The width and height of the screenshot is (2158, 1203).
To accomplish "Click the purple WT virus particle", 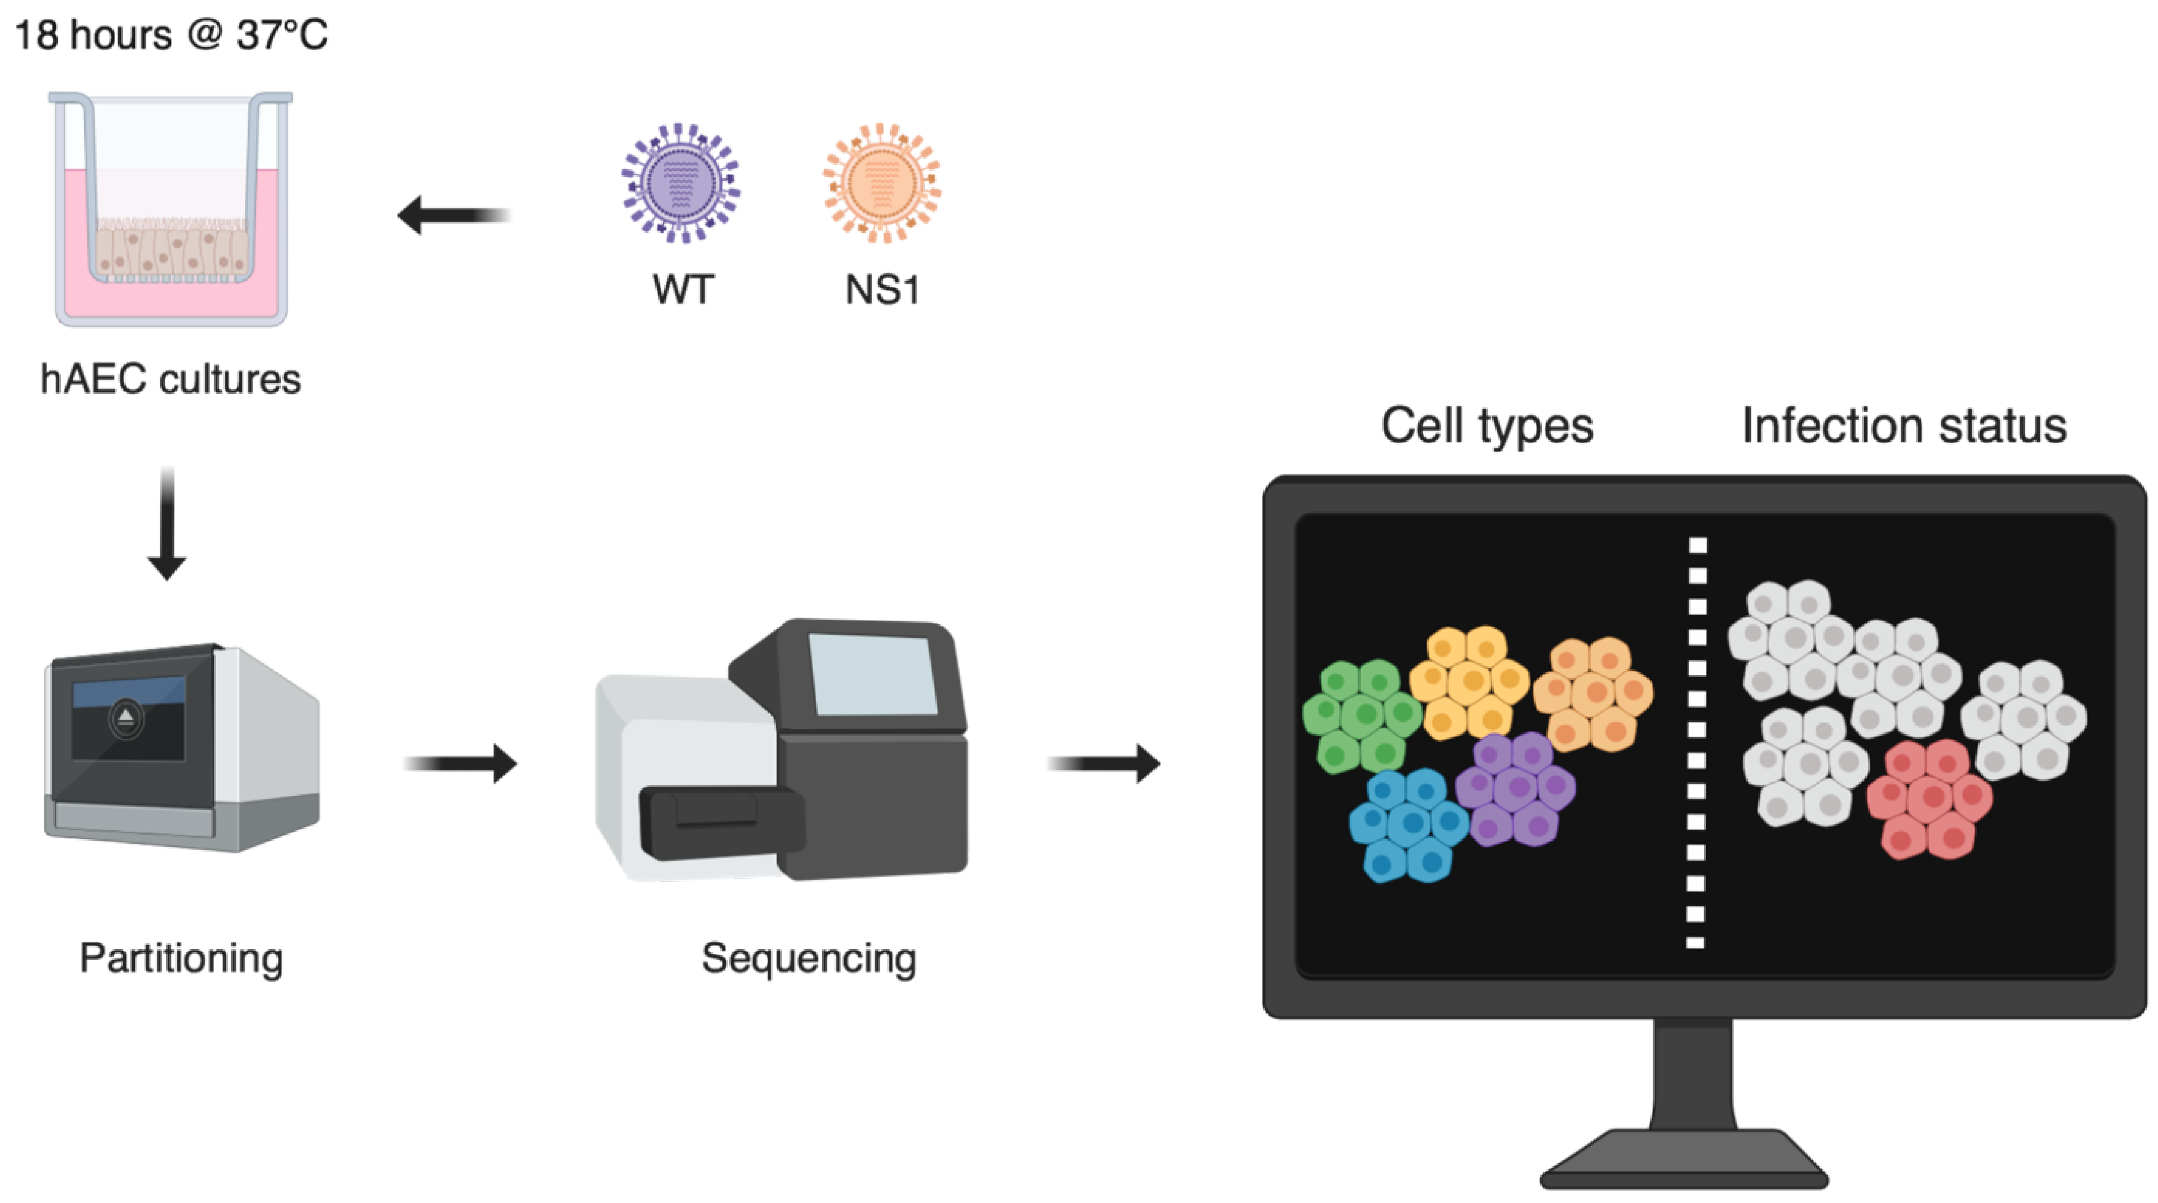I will (680, 183).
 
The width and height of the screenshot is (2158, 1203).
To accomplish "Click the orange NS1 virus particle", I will (881, 183).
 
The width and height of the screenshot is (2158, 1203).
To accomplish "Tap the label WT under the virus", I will (682, 290).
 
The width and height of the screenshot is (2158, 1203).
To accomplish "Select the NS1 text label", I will (882, 290).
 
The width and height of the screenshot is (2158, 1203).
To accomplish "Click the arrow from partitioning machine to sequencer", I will (461, 763).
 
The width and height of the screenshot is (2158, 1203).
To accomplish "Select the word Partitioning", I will (181, 958).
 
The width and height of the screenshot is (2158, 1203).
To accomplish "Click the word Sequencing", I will (809, 958).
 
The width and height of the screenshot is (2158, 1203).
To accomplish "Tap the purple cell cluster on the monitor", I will (1515, 788).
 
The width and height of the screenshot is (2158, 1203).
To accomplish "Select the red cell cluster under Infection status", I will (1929, 799).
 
